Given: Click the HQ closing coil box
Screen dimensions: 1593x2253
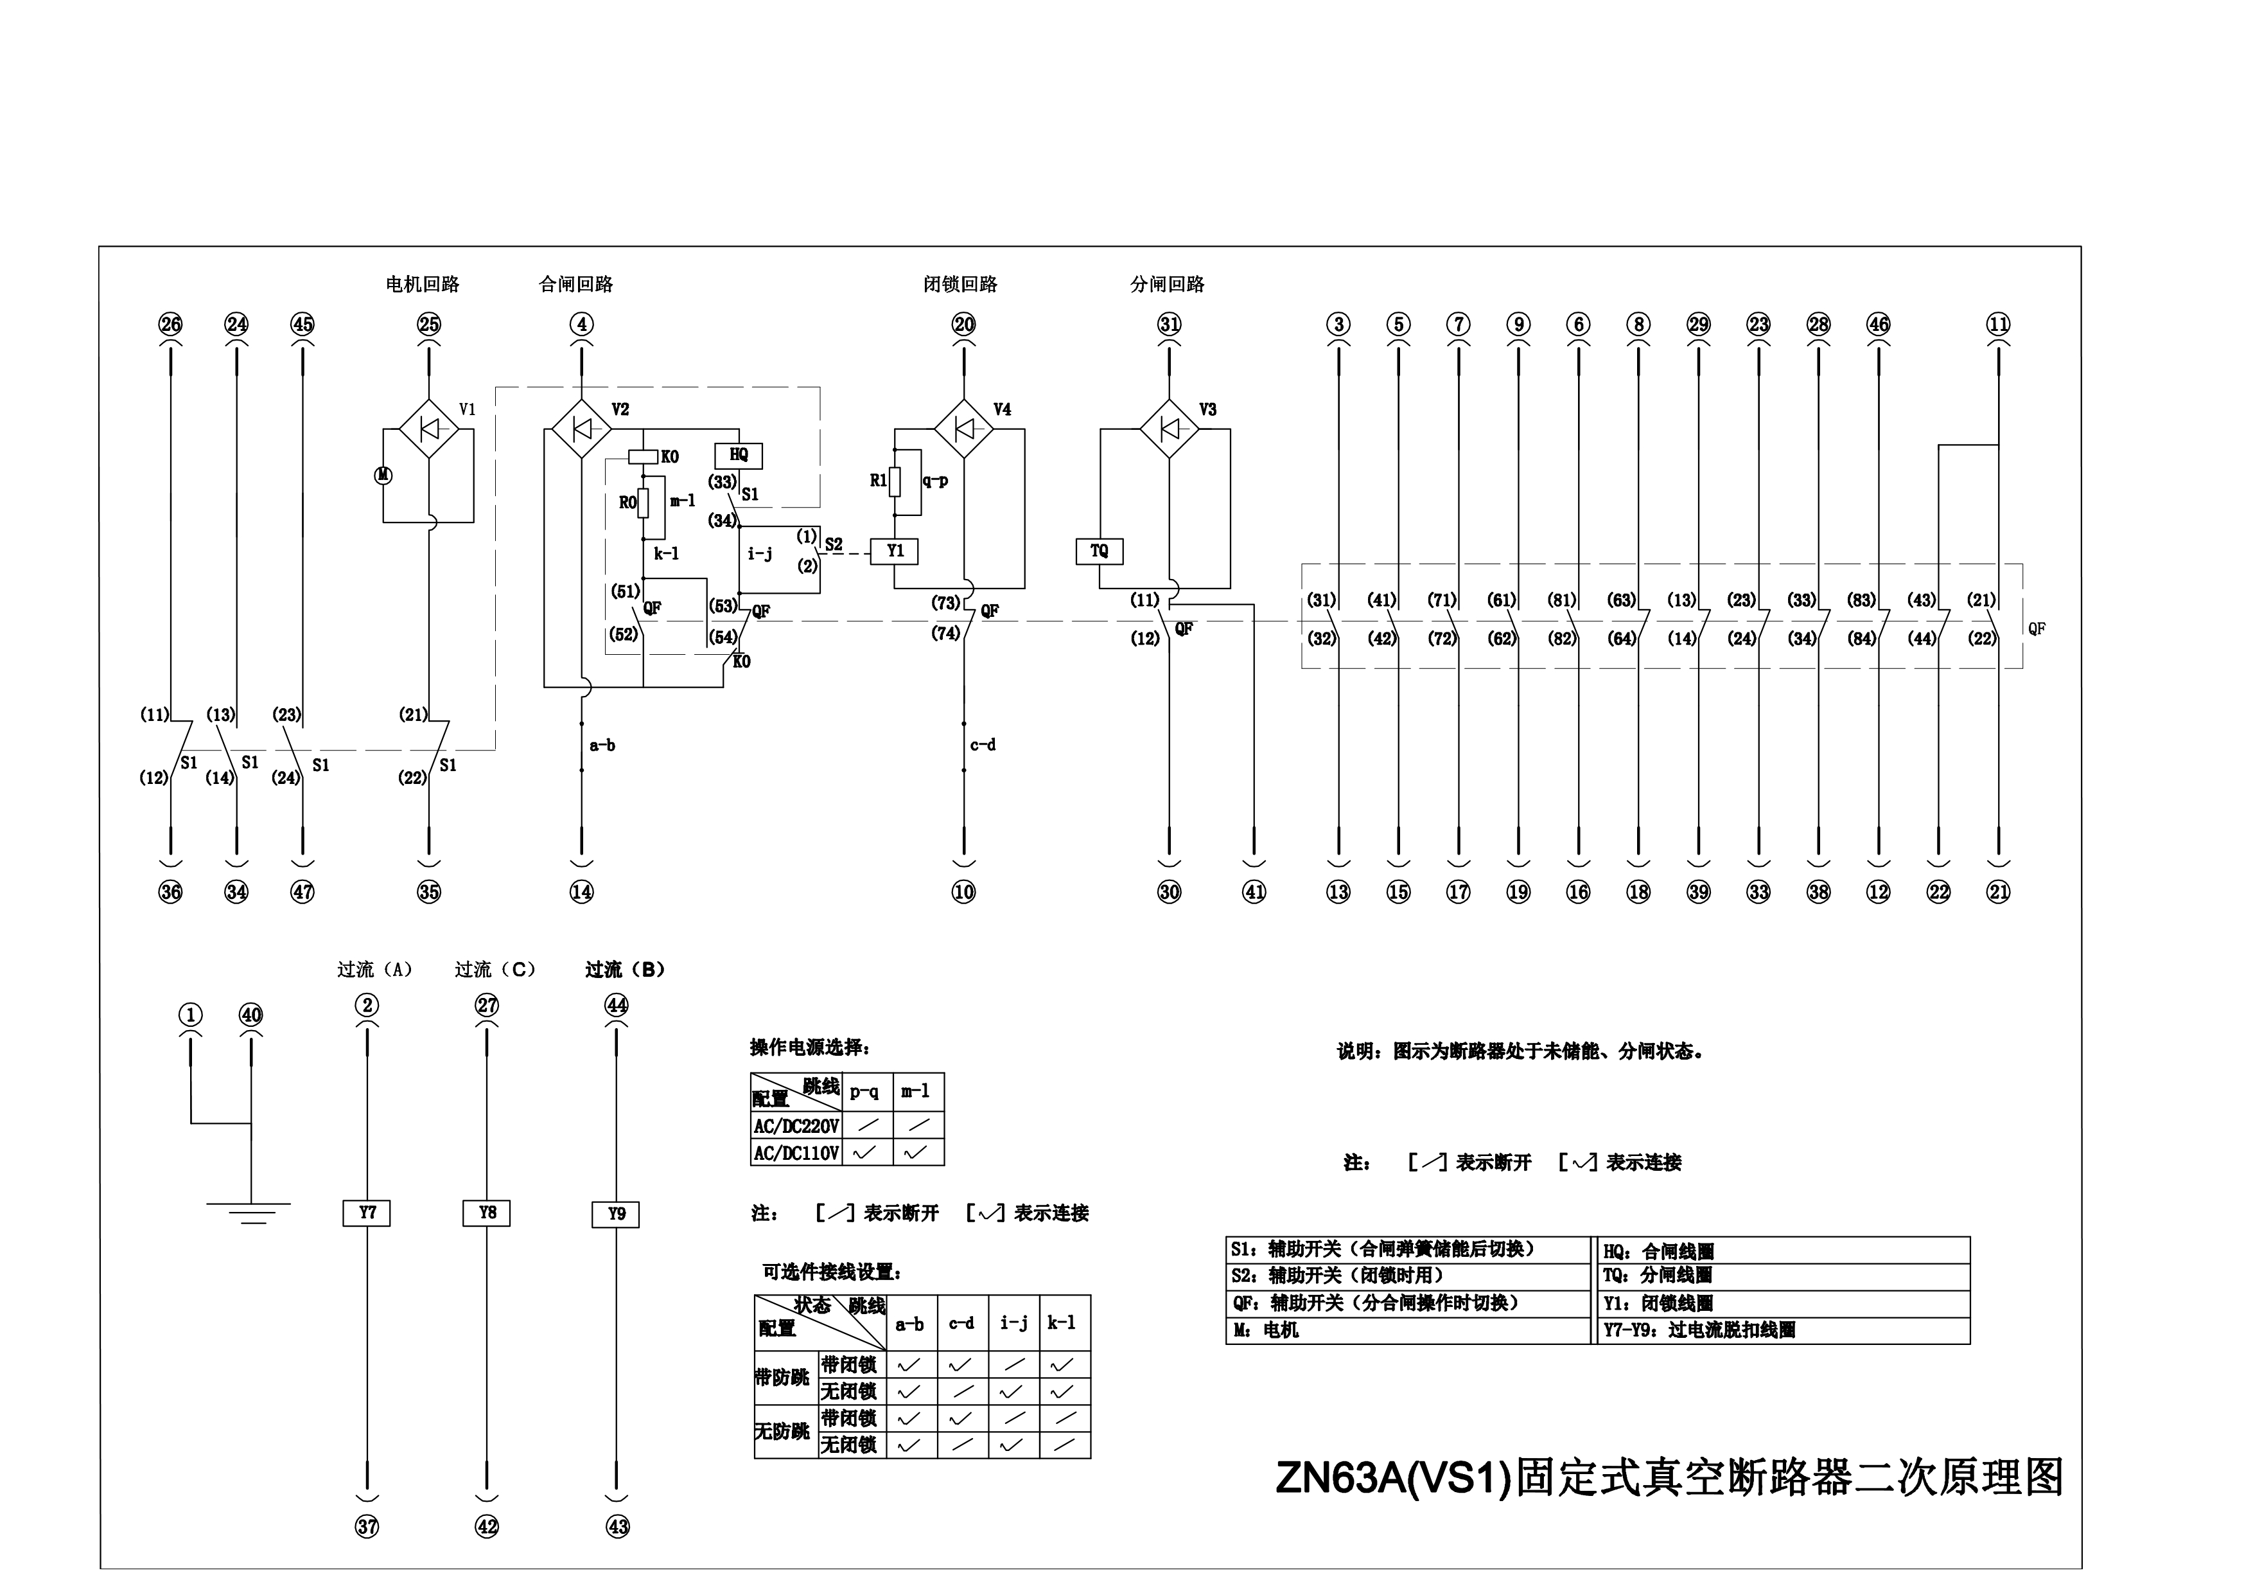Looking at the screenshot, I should click(x=739, y=456).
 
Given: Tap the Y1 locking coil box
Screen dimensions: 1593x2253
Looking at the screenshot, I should click(x=895, y=551).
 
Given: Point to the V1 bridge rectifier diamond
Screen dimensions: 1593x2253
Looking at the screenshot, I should click(x=429, y=429).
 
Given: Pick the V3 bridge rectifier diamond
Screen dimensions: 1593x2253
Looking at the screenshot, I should click(x=1169, y=429).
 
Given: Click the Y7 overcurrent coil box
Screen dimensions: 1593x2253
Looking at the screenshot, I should click(x=367, y=1213).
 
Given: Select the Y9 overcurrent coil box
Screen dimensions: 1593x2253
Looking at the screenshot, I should click(x=617, y=1214).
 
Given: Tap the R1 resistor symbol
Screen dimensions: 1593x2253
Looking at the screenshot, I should click(x=895, y=481).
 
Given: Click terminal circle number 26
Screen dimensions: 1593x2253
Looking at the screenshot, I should click(x=171, y=325).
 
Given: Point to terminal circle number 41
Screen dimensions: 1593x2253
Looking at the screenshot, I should click(x=1254, y=892).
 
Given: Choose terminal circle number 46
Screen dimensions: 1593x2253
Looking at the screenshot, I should click(x=1878, y=325).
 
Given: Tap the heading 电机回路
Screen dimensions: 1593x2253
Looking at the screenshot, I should click(x=422, y=285).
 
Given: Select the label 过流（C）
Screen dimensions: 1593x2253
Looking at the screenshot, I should click(x=496, y=970).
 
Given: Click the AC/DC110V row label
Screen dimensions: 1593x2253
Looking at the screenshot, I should click(x=796, y=1153).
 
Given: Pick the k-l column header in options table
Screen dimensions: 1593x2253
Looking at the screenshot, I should click(x=1062, y=1323).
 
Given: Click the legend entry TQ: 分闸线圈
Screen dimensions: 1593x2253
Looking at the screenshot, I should click(x=1658, y=1276).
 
